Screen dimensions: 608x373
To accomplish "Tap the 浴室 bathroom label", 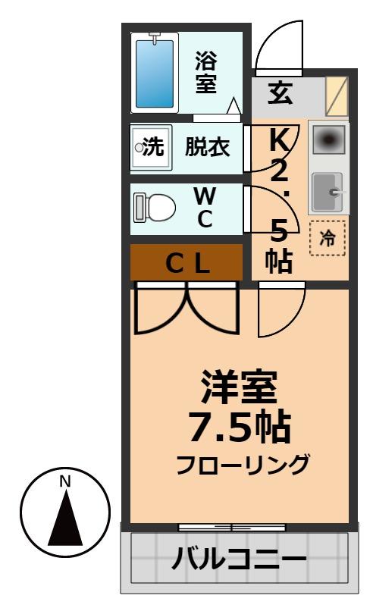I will [x=205, y=71].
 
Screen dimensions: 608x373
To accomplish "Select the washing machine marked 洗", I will [x=149, y=147].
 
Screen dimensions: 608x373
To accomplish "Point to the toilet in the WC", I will [x=155, y=207].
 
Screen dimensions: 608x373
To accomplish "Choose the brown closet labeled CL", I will [x=186, y=262].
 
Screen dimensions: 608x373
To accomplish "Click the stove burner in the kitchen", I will [x=328, y=139].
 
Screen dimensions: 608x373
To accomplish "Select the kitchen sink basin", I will [x=328, y=192].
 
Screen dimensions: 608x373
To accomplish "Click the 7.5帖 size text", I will [x=239, y=428].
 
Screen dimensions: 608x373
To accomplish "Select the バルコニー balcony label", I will [x=238, y=561].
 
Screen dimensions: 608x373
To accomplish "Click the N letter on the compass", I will [x=65, y=481].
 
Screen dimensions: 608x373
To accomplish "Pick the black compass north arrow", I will [x=65, y=519].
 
